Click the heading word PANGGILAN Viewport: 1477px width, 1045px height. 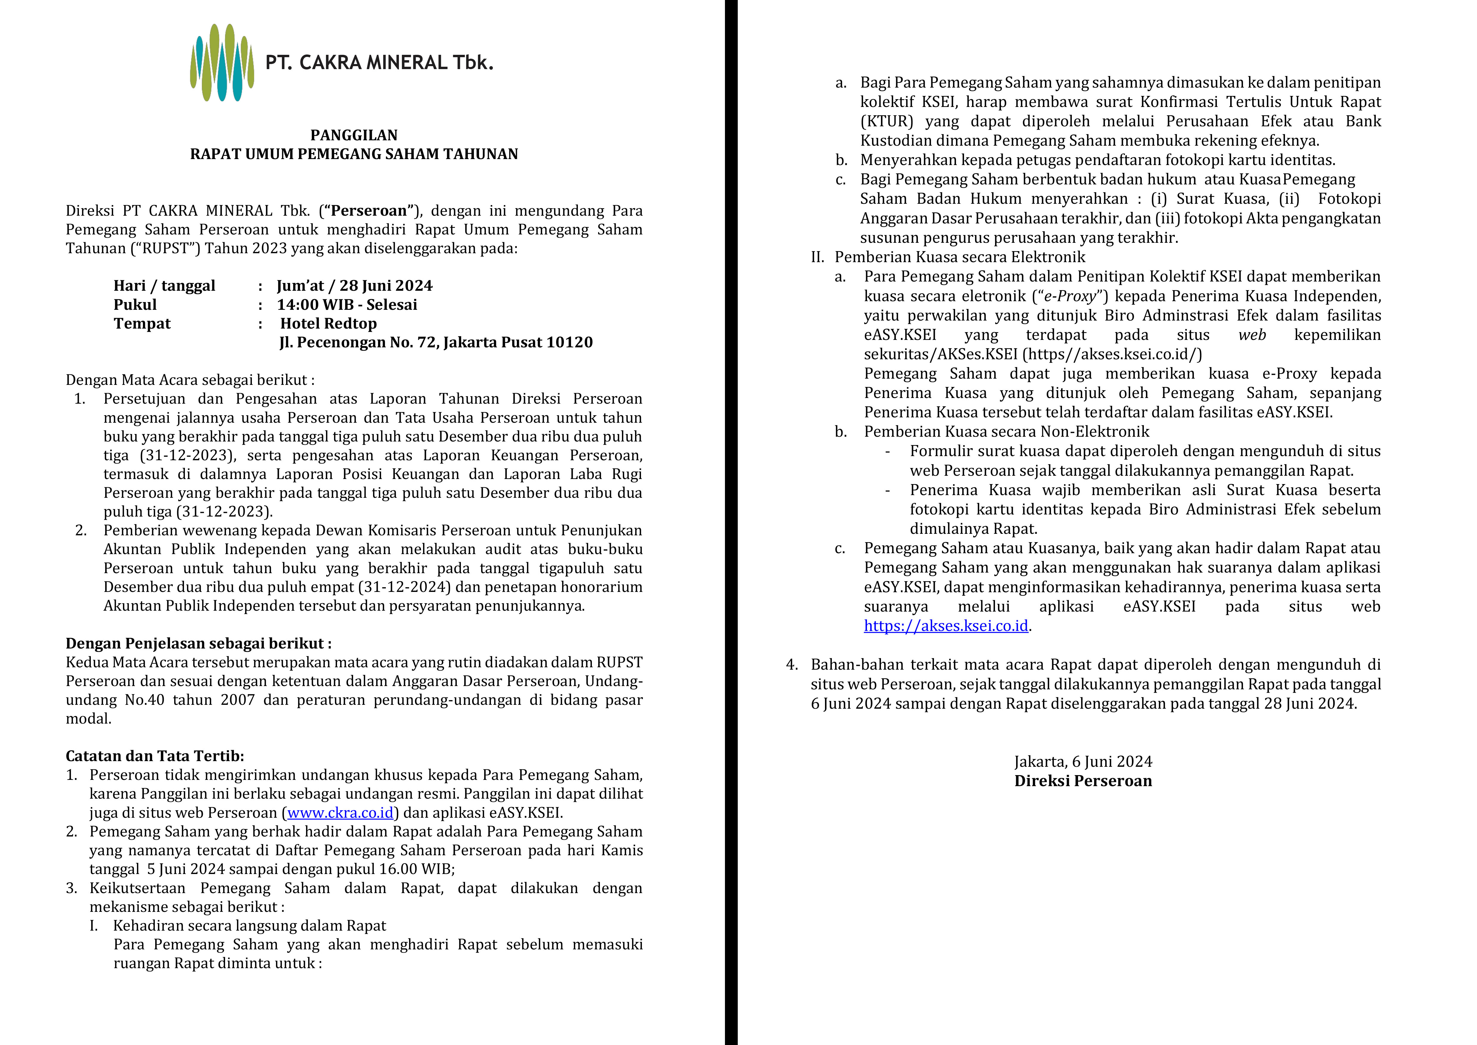point(354,135)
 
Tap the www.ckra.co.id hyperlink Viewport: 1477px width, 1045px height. point(340,813)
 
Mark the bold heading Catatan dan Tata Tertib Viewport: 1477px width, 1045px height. point(155,756)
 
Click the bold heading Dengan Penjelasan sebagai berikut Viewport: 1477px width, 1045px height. point(198,643)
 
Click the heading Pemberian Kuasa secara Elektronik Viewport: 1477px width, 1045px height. point(959,257)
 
